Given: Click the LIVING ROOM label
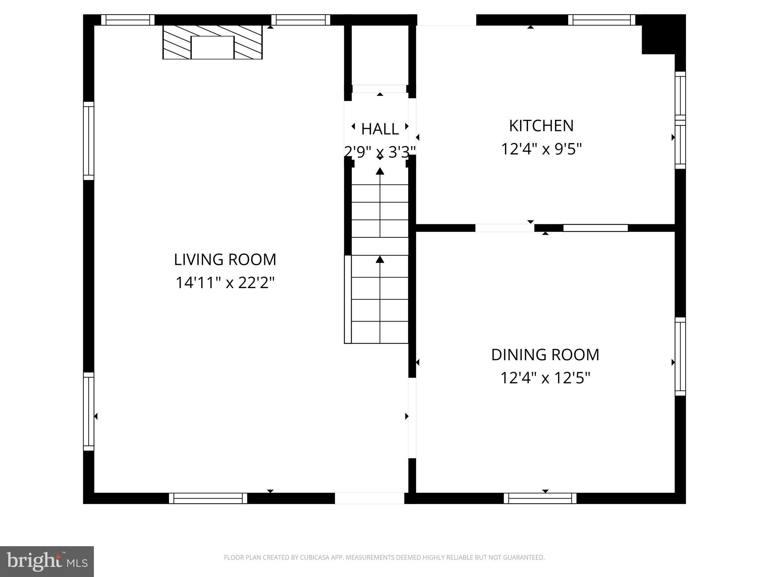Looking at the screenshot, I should click(225, 260).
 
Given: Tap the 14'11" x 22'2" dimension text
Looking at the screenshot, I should click(225, 282).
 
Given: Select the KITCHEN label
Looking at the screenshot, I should click(541, 126).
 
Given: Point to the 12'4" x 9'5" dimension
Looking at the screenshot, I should click(541, 149).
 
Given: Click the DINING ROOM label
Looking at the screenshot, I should click(545, 355).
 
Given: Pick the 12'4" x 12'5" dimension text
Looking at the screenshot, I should click(545, 378).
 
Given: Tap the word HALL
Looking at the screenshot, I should click(380, 129).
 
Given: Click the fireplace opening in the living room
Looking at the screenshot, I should click(213, 48).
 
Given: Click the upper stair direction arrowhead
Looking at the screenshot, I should click(380, 171).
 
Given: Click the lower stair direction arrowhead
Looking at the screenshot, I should click(380, 259).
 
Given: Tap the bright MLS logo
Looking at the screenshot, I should click(47, 561).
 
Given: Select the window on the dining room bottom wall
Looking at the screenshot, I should click(540, 498).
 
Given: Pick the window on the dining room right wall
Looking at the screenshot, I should click(680, 356).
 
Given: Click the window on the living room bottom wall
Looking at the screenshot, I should click(208, 498).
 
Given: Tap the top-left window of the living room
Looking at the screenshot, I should click(128, 20).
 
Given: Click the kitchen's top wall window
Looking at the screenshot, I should click(601, 20).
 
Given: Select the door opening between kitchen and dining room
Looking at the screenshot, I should click(505, 228).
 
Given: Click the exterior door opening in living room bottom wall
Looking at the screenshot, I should click(369, 498).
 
